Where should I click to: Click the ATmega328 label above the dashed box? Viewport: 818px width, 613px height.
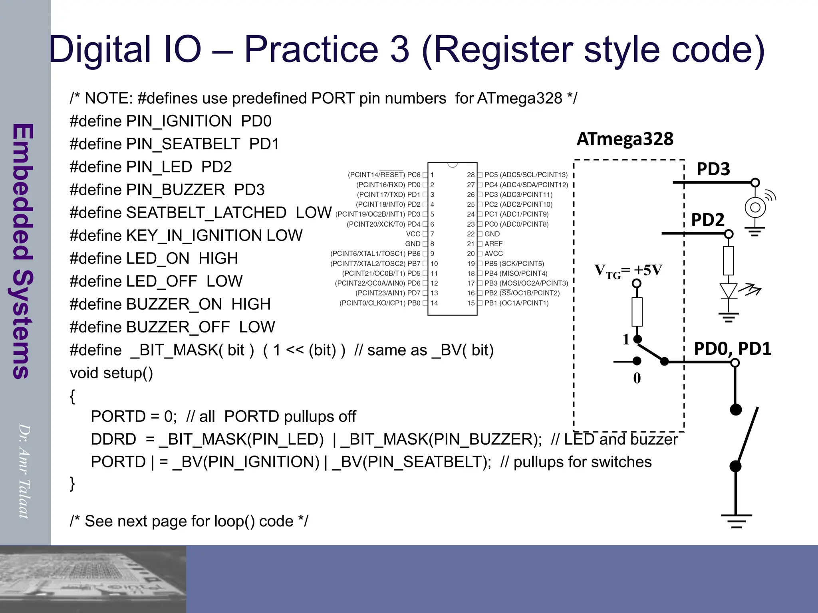[x=625, y=139]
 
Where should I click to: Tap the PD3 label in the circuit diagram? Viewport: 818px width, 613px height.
[x=713, y=169]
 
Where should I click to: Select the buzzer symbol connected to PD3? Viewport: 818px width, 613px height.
[x=755, y=208]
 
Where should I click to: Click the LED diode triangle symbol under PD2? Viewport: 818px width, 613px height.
[x=728, y=291]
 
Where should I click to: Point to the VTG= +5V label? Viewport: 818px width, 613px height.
[x=628, y=271]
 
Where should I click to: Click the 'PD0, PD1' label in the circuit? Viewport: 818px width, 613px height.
[x=732, y=349]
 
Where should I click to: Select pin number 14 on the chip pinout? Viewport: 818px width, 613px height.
[x=434, y=303]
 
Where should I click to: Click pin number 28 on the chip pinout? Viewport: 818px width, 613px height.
[x=471, y=175]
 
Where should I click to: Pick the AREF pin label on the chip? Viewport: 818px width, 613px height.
[x=494, y=244]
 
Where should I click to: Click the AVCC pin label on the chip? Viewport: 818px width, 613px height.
[x=494, y=254]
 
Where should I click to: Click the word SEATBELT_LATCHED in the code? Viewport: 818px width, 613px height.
[x=206, y=213]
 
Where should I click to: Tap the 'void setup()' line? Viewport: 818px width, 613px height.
[x=111, y=373]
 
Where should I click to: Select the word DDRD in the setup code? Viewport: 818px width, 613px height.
[x=113, y=439]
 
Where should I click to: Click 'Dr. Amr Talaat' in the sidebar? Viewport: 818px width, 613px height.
[x=25, y=471]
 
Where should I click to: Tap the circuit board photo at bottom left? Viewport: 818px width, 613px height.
[x=93, y=579]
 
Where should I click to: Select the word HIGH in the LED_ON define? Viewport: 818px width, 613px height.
[x=218, y=259]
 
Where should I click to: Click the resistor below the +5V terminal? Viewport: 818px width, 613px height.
[x=637, y=312]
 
